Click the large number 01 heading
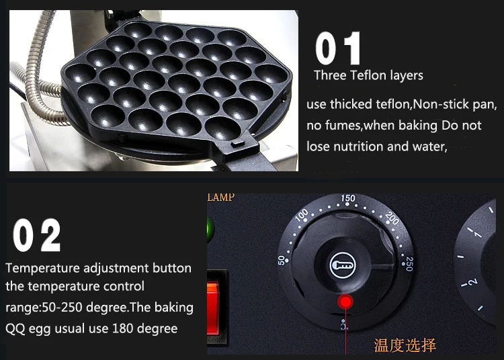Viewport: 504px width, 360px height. pos(337,48)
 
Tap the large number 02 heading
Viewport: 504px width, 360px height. pos(37,235)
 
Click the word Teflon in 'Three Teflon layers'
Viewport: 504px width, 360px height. pos(369,75)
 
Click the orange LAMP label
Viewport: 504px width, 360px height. pos(221,197)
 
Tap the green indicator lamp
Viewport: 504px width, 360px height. pos(210,230)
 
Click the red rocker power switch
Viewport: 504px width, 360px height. pos(214,308)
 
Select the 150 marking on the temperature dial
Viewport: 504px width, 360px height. pos(348,198)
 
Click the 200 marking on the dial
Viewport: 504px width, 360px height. pos(392,219)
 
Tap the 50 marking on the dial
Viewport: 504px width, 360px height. pos(282,260)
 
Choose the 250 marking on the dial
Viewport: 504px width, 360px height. pos(409,264)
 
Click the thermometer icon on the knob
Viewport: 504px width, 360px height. pos(343,265)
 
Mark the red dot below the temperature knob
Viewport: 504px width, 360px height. pos(345,302)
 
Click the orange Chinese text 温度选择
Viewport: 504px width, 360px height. pos(405,345)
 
